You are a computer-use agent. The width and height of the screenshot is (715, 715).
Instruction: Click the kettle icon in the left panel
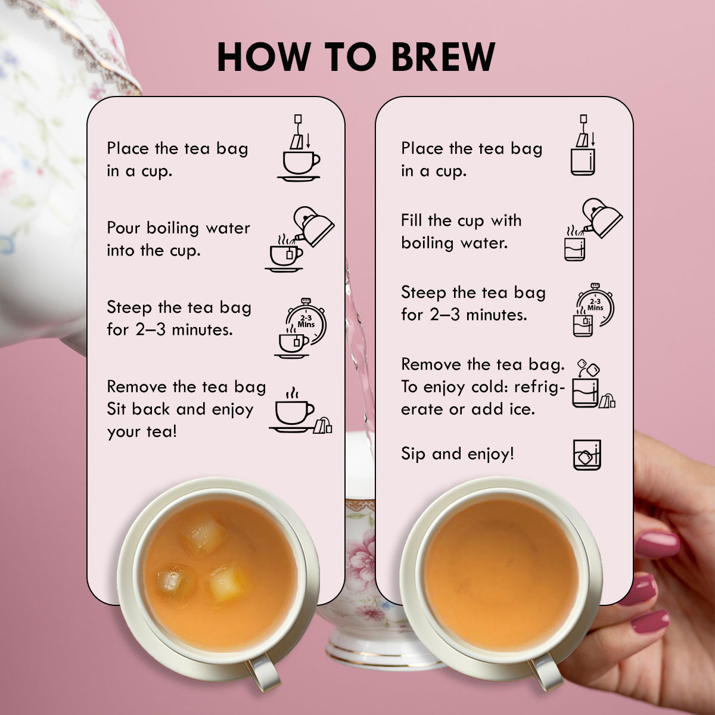coord(313,226)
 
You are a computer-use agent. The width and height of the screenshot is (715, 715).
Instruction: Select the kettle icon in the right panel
coord(602,218)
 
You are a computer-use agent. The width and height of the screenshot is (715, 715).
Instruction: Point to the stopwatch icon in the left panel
coord(306,321)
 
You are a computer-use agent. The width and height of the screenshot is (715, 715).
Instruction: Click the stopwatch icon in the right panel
coord(595,305)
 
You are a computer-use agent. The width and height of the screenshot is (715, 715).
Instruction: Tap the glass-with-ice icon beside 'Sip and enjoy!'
coord(587,455)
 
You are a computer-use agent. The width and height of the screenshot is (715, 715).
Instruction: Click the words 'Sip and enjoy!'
coord(458,454)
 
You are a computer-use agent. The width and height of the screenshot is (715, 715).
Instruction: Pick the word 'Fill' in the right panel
coord(412,220)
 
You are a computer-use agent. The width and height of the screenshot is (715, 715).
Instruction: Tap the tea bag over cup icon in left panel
coord(299,148)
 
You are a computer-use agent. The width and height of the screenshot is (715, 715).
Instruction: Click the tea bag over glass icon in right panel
coord(583,145)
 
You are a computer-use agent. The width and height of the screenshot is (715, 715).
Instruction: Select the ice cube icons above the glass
coord(589,368)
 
